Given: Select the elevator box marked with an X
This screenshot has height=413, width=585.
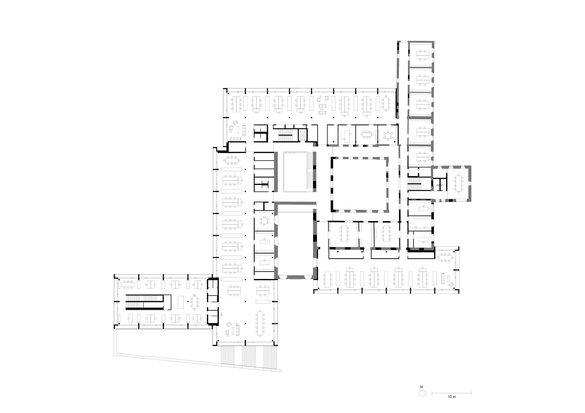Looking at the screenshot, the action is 303,135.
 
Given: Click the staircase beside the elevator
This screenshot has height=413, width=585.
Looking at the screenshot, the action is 285,135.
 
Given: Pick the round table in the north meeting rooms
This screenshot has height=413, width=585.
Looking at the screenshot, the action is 388,135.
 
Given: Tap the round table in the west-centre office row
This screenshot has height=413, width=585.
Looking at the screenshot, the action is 264,221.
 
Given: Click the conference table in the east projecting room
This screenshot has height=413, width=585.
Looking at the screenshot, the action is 459,183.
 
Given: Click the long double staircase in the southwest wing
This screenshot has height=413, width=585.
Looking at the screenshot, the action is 144,302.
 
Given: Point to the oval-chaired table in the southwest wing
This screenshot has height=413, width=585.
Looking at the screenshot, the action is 195,302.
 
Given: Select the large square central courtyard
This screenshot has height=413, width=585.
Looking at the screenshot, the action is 360,185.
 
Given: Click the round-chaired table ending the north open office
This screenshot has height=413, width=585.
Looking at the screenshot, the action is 386,103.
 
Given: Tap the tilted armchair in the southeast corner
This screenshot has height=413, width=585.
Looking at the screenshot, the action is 451,285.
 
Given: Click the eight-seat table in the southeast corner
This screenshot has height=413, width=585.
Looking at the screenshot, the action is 445,257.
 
